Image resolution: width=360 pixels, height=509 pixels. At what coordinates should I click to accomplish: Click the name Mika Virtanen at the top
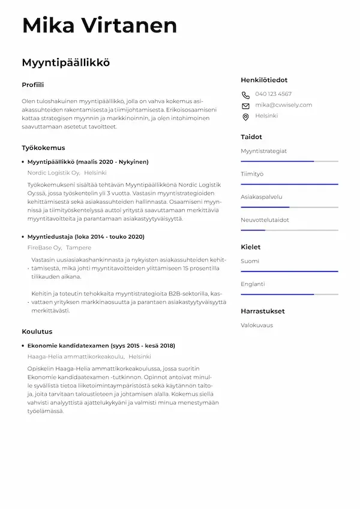click(x=100, y=26)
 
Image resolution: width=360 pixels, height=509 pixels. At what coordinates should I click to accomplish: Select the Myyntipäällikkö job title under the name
click(x=66, y=62)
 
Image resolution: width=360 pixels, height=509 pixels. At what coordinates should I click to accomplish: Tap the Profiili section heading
click(x=33, y=85)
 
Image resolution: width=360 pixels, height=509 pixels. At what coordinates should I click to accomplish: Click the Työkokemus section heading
click(x=43, y=147)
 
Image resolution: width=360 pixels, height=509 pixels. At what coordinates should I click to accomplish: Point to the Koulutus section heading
click(x=37, y=332)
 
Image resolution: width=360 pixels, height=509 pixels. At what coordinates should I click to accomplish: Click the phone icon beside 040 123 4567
click(x=245, y=95)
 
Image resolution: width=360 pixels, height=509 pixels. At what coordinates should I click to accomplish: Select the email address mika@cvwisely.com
click(x=283, y=105)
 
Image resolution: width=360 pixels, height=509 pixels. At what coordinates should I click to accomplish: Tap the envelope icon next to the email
click(x=245, y=106)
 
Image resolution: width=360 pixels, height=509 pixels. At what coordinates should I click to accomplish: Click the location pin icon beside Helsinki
click(x=245, y=117)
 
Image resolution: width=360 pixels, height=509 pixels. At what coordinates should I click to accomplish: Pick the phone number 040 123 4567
click(x=273, y=94)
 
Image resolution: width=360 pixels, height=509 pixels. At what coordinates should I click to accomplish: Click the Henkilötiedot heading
click(x=264, y=80)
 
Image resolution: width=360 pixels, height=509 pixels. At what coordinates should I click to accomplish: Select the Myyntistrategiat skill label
click(x=263, y=151)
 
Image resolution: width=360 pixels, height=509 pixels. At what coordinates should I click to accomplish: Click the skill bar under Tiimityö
click(x=289, y=184)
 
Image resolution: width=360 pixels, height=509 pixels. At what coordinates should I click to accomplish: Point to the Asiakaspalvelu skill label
click(x=261, y=197)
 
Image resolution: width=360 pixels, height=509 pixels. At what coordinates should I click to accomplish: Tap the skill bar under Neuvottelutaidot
click(x=289, y=230)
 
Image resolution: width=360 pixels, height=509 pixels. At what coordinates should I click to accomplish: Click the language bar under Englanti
click(x=289, y=294)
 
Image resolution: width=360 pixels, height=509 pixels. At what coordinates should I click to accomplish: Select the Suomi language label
click(x=250, y=261)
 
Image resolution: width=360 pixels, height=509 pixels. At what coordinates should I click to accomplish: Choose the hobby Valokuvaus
click(x=257, y=325)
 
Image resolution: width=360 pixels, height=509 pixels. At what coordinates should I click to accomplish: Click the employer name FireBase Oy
click(x=44, y=248)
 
